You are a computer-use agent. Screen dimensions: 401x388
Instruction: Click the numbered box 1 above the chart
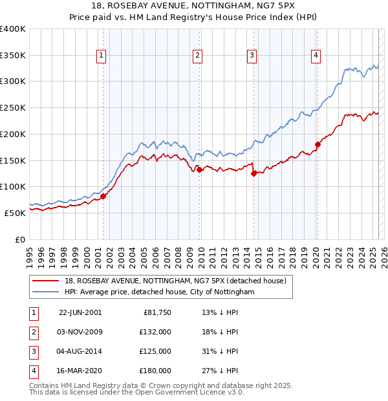click(102, 56)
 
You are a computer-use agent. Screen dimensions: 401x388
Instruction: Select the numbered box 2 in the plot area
click(197, 56)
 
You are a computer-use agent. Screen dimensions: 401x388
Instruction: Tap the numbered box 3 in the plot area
click(251, 56)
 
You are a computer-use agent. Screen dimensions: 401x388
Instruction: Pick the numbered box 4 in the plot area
click(316, 56)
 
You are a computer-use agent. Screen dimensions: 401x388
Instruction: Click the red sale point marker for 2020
click(318, 144)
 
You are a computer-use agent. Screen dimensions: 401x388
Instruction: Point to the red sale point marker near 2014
click(253, 173)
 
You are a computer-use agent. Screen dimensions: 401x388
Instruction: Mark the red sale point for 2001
click(103, 196)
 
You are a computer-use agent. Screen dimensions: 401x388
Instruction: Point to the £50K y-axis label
click(16, 212)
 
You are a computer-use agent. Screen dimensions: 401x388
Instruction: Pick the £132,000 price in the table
click(156, 332)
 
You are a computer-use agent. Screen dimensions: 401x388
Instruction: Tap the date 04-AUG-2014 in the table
click(80, 351)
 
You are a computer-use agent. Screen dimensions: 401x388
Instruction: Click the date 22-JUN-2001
click(80, 312)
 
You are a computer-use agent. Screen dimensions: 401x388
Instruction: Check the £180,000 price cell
click(156, 371)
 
